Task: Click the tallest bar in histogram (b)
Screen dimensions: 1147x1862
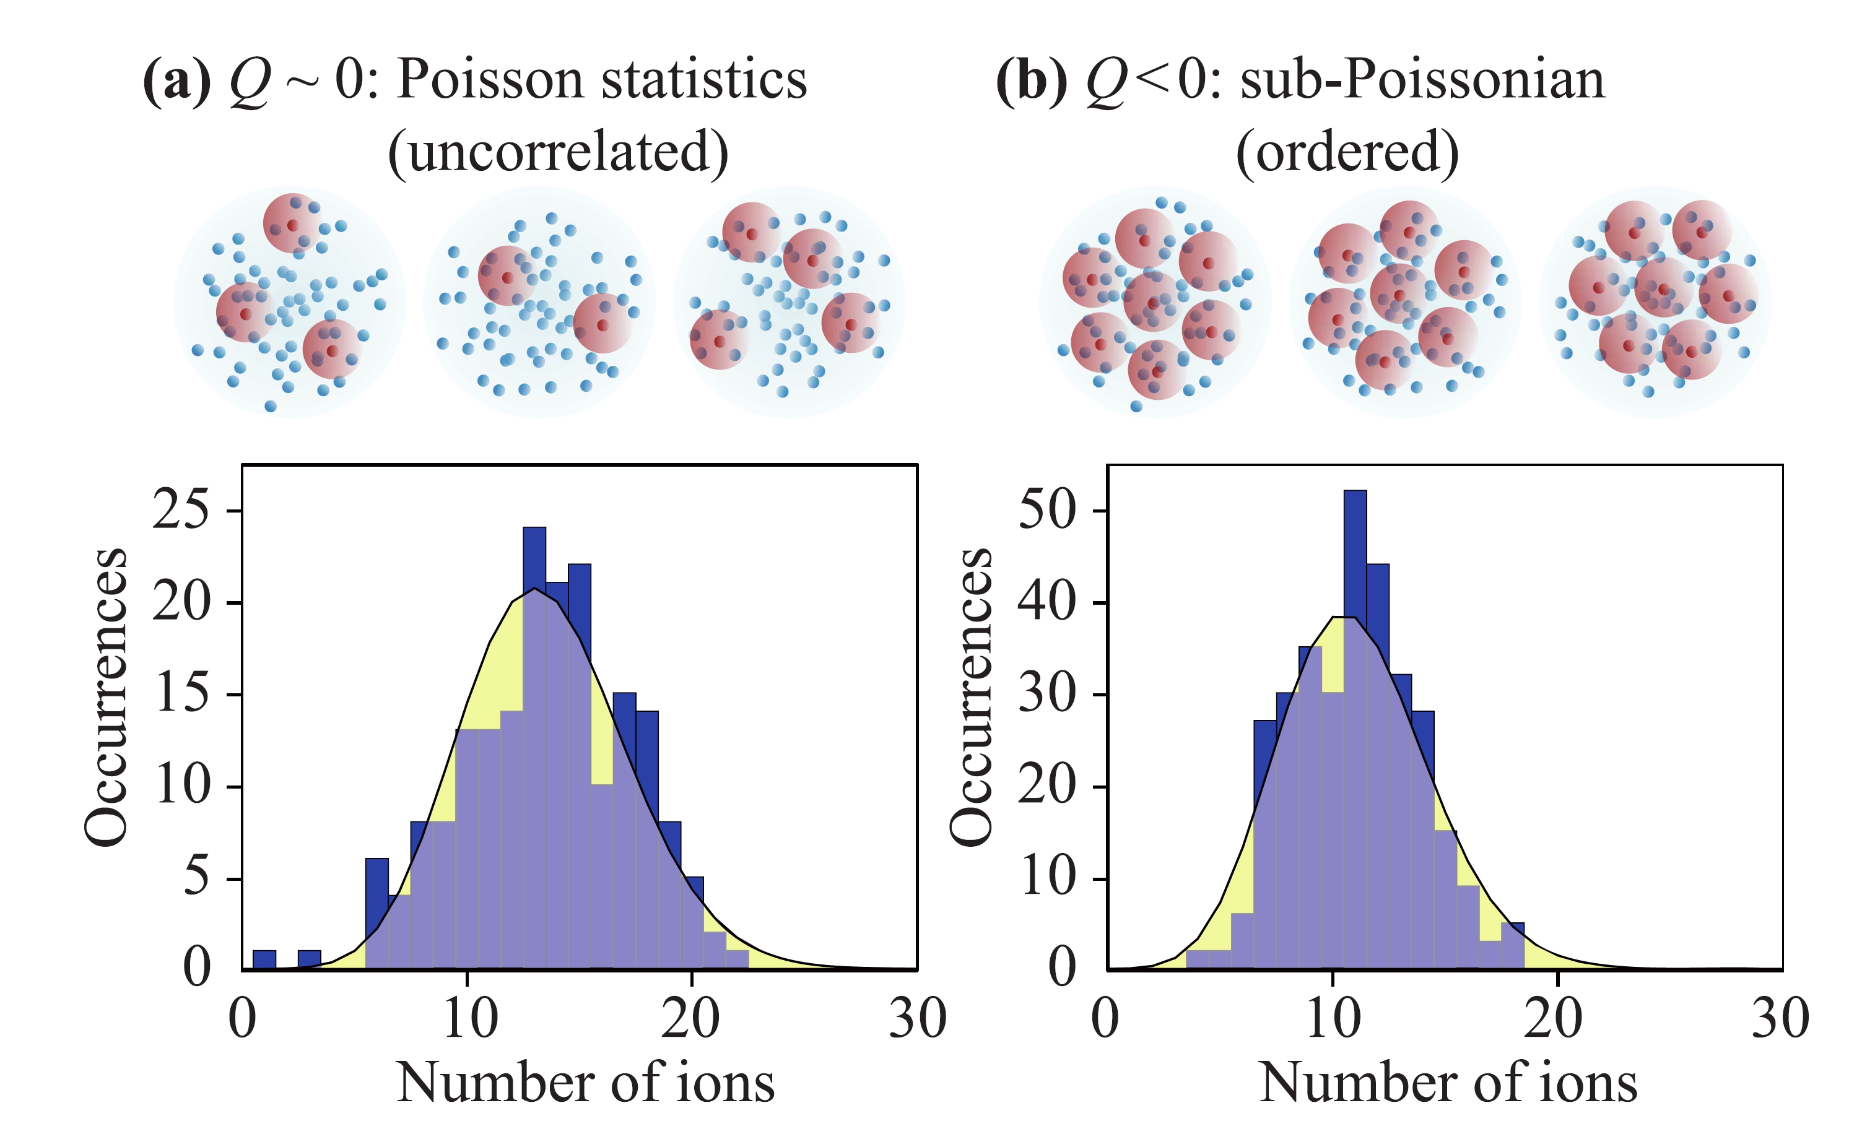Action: point(1354,729)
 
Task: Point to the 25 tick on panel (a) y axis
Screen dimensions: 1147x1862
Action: point(181,510)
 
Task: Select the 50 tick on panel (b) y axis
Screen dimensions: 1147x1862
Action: point(1046,510)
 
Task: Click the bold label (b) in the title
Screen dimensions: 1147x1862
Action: point(1031,80)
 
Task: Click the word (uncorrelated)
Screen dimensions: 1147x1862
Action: point(558,152)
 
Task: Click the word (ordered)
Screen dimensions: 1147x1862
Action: point(1347,152)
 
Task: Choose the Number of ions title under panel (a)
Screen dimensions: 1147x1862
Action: point(585,1083)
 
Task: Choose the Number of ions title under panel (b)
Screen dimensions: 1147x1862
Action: point(1448,1083)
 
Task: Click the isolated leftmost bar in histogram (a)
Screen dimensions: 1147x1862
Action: point(264,959)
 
